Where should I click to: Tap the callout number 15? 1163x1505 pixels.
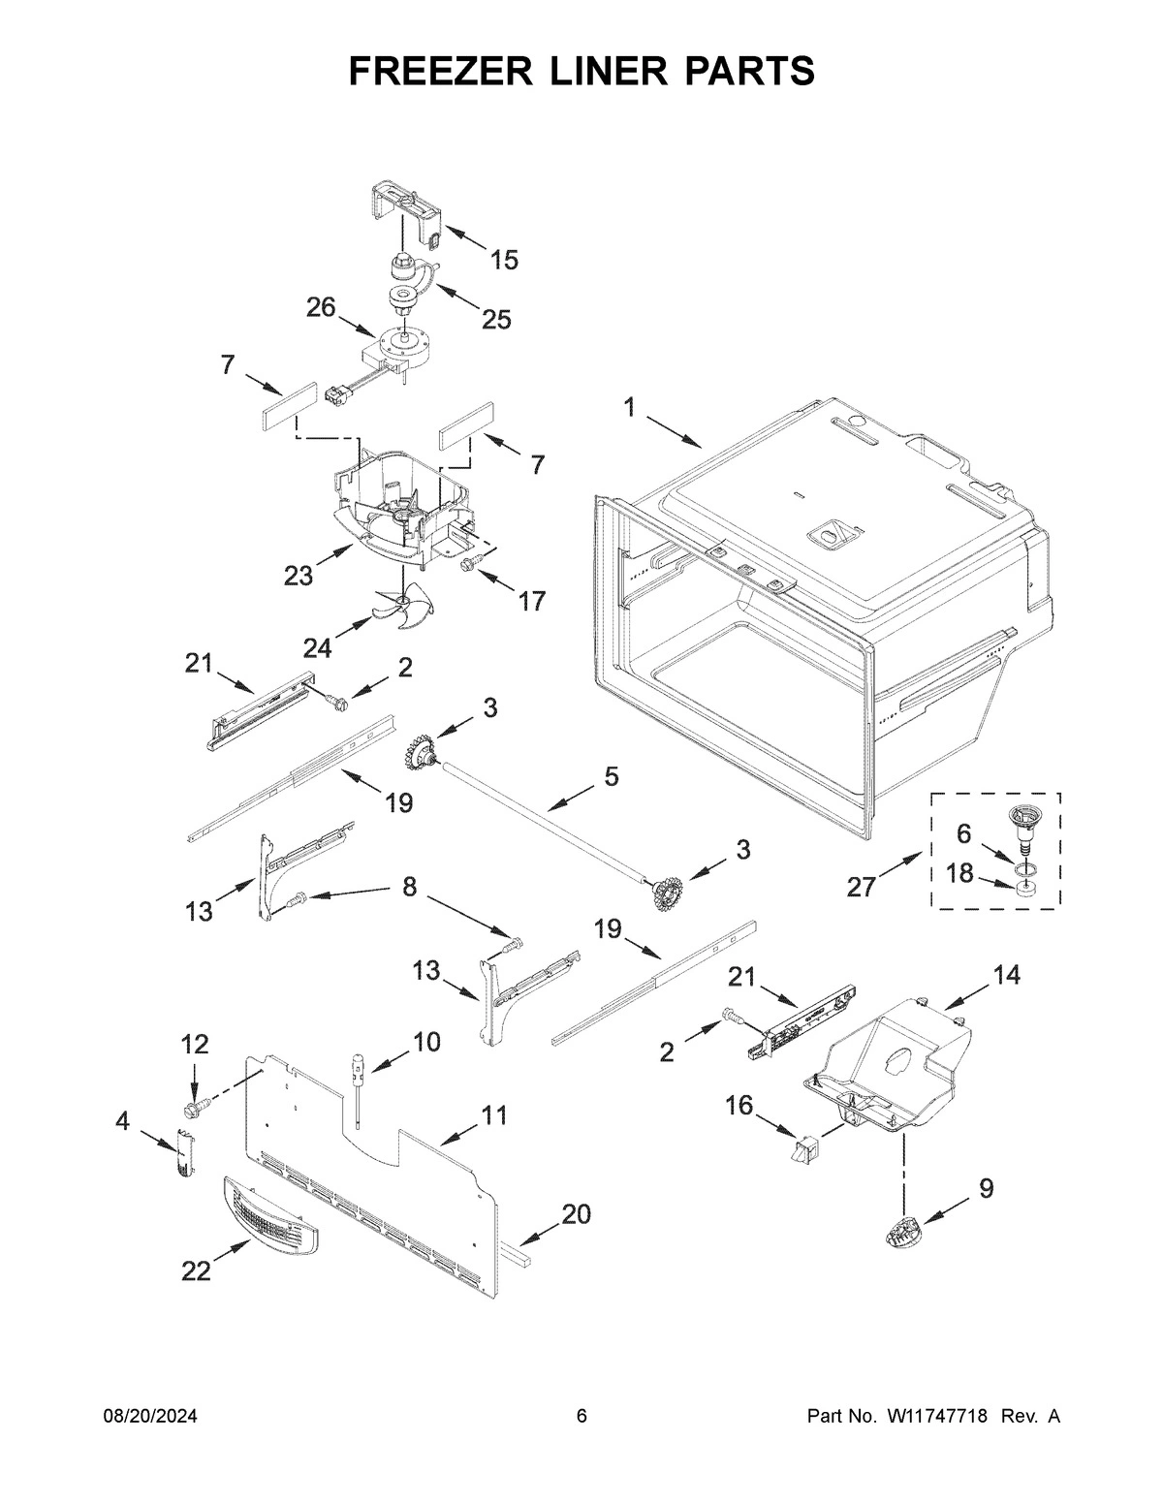coord(503,260)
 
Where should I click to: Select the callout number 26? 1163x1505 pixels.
coord(321,307)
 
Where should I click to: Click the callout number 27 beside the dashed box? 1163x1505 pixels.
coord(862,886)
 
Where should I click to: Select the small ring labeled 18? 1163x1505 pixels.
coord(1024,887)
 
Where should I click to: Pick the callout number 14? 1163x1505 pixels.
coord(1006,975)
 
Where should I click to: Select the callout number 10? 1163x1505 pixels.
coord(426,1042)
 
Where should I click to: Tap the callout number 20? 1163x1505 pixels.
coord(576,1213)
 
